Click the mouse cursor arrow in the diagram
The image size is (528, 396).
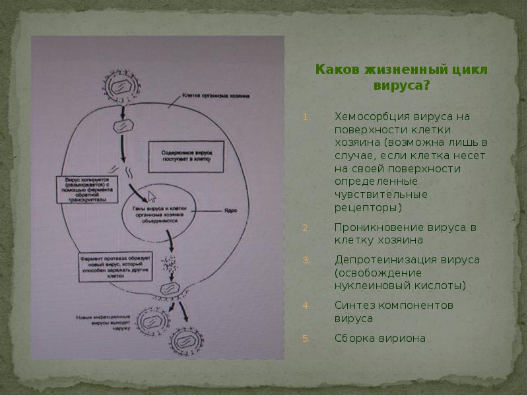click(152, 197)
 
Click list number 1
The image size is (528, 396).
click(306, 117)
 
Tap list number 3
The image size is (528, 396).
click(306, 260)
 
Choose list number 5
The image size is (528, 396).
click(306, 339)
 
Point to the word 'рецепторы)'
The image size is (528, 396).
click(368, 208)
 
